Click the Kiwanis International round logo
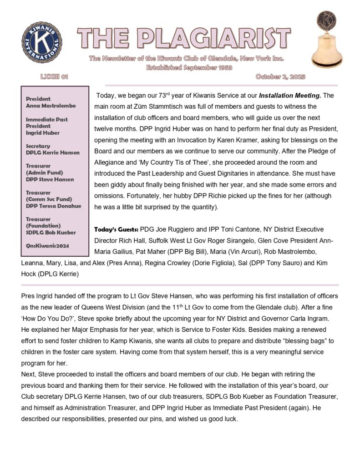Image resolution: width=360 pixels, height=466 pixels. tap(42, 43)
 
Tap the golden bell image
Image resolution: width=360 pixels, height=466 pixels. tap(326, 40)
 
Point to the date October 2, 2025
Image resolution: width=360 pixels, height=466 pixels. tap(280, 77)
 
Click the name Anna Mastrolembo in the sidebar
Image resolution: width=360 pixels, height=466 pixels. tap(51, 106)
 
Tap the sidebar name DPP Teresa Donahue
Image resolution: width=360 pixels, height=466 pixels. tap(53, 206)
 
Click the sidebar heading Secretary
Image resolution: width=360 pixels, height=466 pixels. tap(38, 147)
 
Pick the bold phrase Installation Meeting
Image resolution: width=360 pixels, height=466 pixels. tap(290, 96)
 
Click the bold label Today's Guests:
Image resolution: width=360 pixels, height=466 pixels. tap(116, 229)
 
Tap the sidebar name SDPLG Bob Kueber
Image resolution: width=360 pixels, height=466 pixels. tap(51, 233)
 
